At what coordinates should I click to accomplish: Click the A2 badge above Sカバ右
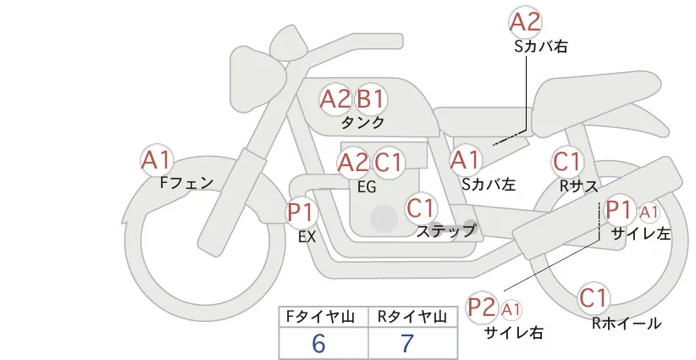525,21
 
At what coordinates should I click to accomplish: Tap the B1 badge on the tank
370,99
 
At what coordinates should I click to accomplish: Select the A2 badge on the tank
334,99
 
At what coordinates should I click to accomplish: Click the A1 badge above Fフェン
157,159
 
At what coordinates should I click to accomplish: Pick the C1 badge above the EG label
389,162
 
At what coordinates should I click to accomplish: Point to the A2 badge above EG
353,162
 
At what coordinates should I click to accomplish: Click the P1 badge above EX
301,211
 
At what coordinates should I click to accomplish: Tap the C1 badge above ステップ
421,207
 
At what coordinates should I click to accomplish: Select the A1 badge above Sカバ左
465,159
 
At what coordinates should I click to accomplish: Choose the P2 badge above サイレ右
482,307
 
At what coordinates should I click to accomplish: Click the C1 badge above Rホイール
594,297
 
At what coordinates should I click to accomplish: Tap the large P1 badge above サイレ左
619,210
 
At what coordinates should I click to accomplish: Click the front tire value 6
318,344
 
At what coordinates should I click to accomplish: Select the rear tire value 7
407,344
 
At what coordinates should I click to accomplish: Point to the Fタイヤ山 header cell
323,317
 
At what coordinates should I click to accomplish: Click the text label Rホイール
626,323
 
